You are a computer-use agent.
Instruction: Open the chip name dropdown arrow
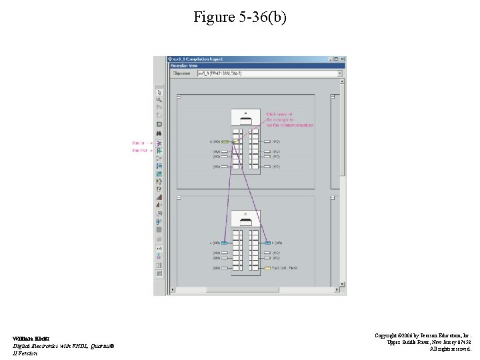click(341, 73)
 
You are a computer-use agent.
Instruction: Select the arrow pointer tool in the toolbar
click(159, 91)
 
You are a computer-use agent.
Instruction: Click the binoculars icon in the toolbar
click(159, 133)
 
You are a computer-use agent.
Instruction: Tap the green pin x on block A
click(225, 142)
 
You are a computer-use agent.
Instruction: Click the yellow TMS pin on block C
click(267, 268)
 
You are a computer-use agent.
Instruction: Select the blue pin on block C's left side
click(225, 243)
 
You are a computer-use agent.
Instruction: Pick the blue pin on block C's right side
click(267, 243)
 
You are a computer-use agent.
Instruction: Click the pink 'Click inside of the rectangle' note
click(289, 119)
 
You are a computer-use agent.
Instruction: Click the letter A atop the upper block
click(245, 112)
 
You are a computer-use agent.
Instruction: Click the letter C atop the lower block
click(245, 213)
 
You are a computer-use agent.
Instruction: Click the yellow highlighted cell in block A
click(236, 142)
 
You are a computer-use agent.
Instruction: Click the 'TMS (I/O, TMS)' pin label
click(285, 268)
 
